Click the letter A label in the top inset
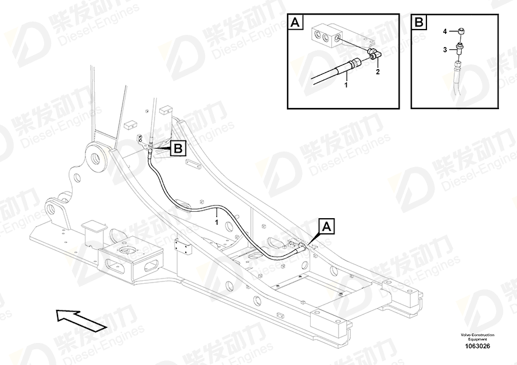[295, 24]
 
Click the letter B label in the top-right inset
[419, 24]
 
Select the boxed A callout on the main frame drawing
[327, 226]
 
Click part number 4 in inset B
[445, 31]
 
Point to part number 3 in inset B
[445, 50]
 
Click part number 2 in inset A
[378, 72]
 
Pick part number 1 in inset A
[346, 85]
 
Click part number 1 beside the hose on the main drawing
[217, 221]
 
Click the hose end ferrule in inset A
[354, 63]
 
